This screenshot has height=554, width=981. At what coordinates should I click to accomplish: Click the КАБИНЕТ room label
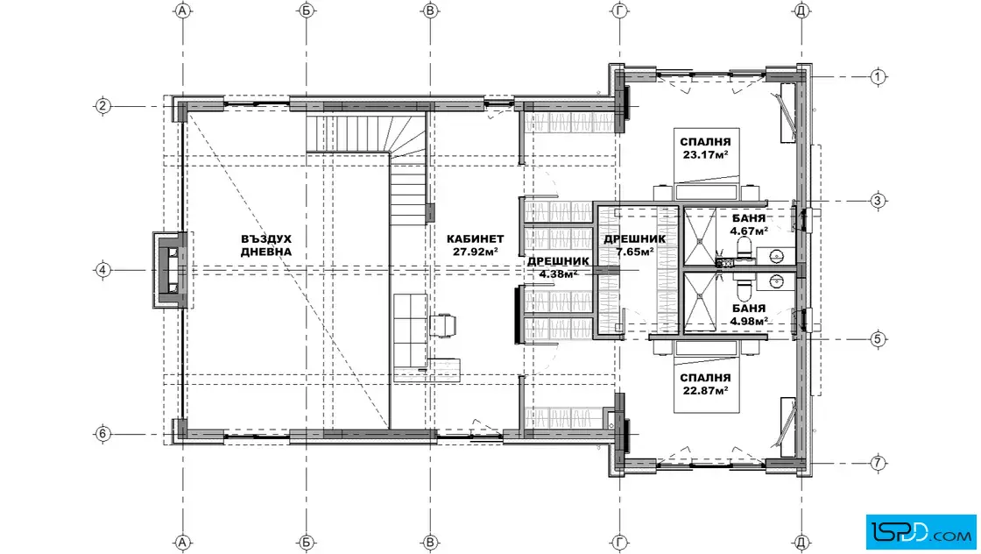(475, 238)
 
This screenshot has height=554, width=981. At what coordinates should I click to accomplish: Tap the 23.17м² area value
(705, 154)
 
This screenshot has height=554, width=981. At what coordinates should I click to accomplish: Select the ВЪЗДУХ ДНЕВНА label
(266, 245)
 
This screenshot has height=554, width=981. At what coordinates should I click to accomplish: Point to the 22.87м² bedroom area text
(705, 391)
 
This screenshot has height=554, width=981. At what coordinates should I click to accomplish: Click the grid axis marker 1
(878, 77)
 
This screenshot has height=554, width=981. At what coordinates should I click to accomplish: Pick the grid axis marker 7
(878, 463)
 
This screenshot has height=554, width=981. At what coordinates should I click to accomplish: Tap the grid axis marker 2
(102, 106)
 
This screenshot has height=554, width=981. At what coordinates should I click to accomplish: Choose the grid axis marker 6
(102, 433)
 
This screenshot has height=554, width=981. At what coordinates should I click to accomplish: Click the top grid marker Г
(619, 11)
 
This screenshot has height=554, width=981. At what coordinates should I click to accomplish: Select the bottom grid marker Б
(307, 542)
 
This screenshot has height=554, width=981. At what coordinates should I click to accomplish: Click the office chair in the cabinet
(442, 325)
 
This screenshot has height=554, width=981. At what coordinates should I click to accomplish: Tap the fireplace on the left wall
(170, 270)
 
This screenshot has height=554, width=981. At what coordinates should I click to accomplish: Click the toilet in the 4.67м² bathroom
(745, 249)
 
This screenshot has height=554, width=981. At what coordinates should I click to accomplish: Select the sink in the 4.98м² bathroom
(776, 281)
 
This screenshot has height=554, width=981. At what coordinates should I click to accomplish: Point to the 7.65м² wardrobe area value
(635, 252)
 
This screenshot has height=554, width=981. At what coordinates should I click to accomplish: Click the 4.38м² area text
(558, 273)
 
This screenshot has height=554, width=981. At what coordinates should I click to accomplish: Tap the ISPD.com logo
(921, 532)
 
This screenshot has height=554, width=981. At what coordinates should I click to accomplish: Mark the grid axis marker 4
(102, 270)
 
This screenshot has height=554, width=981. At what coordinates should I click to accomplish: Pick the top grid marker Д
(801, 11)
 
